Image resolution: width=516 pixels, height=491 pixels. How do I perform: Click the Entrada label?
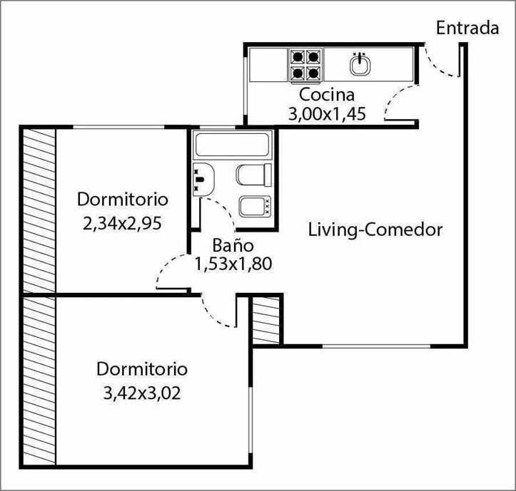(x=467, y=29)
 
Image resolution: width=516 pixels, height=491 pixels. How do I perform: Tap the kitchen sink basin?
(x=360, y=64)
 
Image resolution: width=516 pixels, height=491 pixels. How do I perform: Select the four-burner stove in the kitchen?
(x=305, y=65)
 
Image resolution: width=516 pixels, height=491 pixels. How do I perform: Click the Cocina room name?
(x=327, y=95)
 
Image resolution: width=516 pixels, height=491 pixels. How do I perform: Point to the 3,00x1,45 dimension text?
(x=327, y=114)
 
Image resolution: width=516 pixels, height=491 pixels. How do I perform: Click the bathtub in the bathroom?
(x=233, y=145)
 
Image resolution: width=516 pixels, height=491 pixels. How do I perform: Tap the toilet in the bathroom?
(x=254, y=175)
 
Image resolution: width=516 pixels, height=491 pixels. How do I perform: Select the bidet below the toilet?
(x=255, y=207)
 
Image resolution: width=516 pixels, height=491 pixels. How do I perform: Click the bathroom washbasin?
(x=203, y=180)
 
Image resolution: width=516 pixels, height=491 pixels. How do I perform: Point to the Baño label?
(x=233, y=245)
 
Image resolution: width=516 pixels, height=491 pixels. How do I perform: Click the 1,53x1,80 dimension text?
(x=233, y=264)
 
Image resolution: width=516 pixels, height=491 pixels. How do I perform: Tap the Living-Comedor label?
(x=375, y=229)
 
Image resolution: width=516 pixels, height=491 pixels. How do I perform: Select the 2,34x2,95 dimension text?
(x=123, y=224)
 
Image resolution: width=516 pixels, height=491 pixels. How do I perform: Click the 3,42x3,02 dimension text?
(x=142, y=393)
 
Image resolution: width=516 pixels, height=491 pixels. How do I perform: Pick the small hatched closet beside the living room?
(x=265, y=320)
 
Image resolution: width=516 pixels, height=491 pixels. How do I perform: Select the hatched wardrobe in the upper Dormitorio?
(x=39, y=211)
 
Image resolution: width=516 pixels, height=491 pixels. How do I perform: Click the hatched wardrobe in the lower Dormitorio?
(x=39, y=381)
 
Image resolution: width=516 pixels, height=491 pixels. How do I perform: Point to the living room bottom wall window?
(x=376, y=346)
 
